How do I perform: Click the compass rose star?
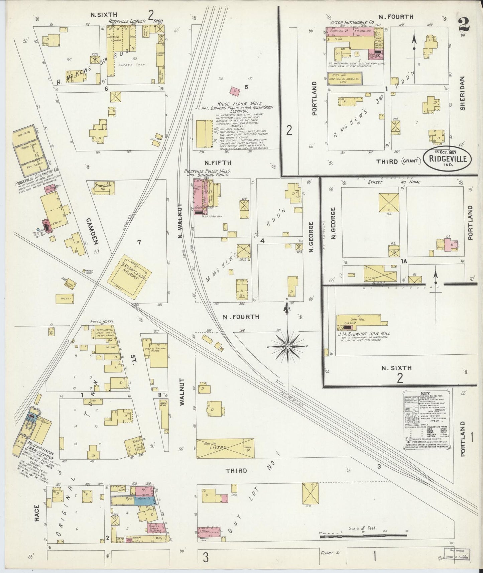287,347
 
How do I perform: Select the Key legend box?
427,420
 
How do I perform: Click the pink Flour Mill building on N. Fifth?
198,199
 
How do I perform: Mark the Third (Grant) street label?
398,161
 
